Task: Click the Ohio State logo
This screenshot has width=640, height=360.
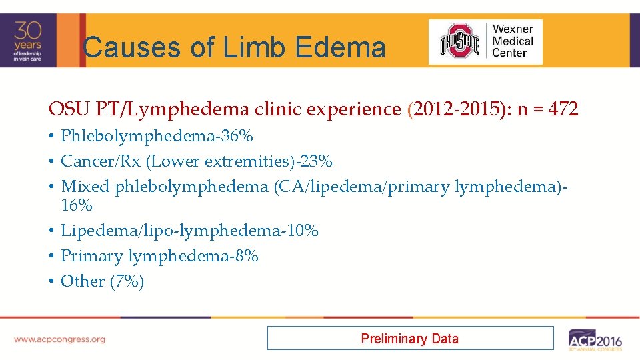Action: (x=459, y=41)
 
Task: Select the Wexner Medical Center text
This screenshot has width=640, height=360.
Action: (x=513, y=41)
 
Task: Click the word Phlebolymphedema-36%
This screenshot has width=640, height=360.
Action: (x=157, y=136)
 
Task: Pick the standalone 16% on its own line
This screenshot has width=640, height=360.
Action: (x=77, y=205)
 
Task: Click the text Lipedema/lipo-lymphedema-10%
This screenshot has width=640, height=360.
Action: (x=189, y=231)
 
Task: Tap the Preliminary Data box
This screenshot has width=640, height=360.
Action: (x=409, y=338)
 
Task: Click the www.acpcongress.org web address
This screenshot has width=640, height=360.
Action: (x=59, y=339)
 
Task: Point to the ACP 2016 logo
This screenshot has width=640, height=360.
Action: (x=595, y=339)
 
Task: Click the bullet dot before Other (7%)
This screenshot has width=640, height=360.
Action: (x=51, y=281)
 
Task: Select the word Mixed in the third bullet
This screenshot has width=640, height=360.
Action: (x=85, y=187)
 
